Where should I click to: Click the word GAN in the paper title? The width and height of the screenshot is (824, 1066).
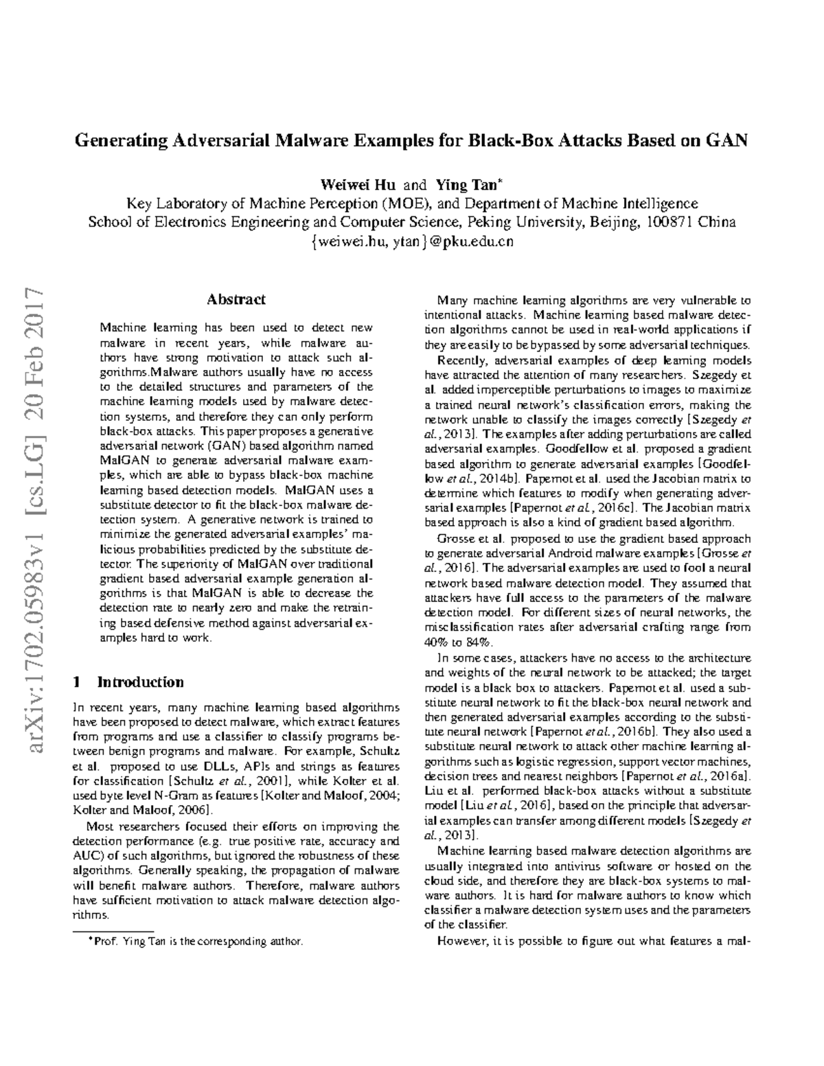pos(726,141)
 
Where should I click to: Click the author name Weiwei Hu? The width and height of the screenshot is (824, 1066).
pos(357,185)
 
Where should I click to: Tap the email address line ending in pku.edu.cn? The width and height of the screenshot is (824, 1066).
pos(413,242)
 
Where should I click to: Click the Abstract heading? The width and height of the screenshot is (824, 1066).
pos(236,299)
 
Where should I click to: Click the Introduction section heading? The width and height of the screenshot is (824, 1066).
pos(140,682)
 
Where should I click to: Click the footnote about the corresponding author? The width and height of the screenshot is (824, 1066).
pos(192,941)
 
